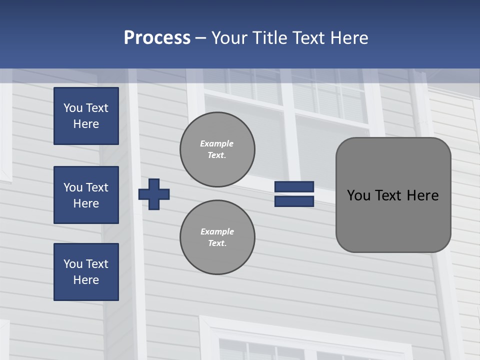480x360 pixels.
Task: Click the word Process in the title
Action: tap(157, 38)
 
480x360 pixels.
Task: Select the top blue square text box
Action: tap(86, 116)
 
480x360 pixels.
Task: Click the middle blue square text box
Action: tap(86, 195)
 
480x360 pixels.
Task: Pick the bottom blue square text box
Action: tap(86, 272)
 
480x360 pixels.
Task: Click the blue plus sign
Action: tap(154, 194)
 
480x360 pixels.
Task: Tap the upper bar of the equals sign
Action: tap(294, 187)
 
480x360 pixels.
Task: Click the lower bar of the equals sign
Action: tap(294, 201)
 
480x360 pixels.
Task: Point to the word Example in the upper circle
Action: tap(216, 143)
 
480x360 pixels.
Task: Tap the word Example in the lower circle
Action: tap(217, 231)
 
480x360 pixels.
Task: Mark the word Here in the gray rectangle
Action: tap(422, 195)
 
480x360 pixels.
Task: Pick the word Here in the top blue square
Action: tap(86, 124)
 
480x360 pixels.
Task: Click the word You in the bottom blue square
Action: tap(73, 264)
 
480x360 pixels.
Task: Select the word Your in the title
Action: tap(230, 38)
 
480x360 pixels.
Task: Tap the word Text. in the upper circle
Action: tap(217, 155)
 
